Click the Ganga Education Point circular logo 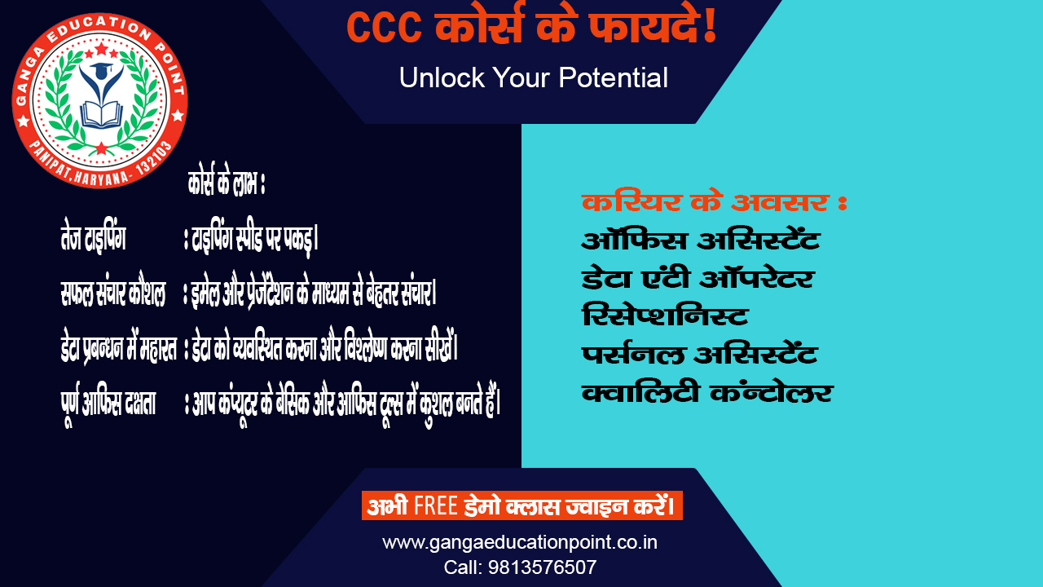99,99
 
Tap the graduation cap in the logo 101,73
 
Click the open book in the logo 100,114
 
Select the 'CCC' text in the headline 384,28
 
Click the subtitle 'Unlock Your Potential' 533,78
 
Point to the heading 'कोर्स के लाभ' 227,185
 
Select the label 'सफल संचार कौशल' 113,292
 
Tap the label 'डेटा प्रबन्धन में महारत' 119,348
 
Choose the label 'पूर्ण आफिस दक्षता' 109,402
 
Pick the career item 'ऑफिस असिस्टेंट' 700,241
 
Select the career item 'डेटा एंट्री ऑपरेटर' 698,279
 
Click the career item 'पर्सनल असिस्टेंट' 699,355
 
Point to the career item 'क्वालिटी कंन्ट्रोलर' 706,393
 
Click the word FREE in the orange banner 435,506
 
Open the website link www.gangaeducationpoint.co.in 520,542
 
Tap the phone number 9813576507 543,567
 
